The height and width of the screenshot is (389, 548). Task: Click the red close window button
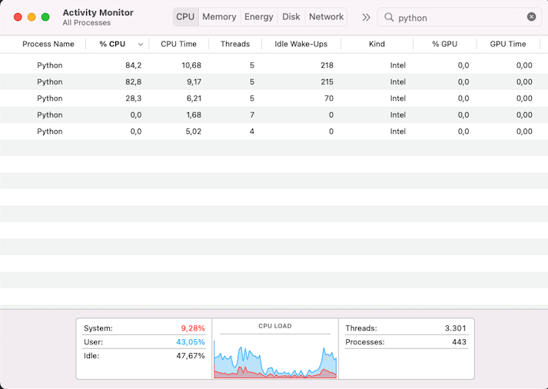tap(18, 17)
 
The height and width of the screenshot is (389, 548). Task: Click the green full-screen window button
tap(45, 17)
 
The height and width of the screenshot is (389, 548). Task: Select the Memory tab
tap(219, 17)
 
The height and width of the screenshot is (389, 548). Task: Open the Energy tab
tap(258, 17)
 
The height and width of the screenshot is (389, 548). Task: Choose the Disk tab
tap(291, 17)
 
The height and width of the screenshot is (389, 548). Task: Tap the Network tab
tap(326, 17)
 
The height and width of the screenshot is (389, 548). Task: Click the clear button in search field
tap(531, 17)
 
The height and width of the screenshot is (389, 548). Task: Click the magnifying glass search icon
tap(389, 17)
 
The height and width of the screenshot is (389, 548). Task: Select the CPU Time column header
tap(178, 44)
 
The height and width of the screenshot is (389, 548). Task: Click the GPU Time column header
tap(507, 44)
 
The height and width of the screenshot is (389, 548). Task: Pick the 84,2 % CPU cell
tap(133, 65)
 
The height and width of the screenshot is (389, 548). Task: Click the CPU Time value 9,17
tap(191, 81)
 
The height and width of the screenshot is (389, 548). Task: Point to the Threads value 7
tap(251, 115)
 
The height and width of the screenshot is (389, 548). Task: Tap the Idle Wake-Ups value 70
tap(328, 98)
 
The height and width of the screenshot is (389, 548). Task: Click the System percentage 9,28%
tap(192, 328)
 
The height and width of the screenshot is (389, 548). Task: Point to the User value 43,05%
tap(191, 342)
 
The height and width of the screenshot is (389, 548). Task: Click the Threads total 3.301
tap(455, 328)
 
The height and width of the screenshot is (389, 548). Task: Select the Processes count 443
tap(459, 342)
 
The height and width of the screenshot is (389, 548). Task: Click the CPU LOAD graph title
tap(274, 326)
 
